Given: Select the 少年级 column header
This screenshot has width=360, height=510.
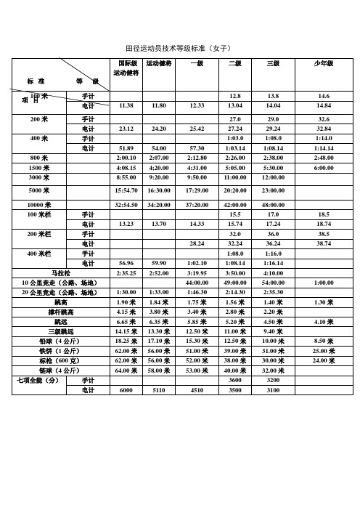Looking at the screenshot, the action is tap(323, 64).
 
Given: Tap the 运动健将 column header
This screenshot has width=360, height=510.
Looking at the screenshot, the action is tap(158, 64).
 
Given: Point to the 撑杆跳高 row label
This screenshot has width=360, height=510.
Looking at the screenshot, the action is tap(60, 311).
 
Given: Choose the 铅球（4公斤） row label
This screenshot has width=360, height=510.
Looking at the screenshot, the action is tap(61, 340).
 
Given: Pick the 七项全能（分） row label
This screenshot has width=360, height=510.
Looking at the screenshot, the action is tap(37, 380).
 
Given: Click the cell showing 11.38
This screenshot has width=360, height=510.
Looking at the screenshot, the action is tap(126, 106).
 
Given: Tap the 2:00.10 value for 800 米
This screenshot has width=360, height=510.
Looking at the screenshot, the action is tap(126, 158).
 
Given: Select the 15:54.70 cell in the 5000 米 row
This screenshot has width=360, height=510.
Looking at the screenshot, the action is tap(126, 191).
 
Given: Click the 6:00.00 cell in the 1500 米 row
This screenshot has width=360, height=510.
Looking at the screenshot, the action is tap(323, 168).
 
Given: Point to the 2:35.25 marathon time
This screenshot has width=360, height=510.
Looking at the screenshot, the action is tap(126, 273).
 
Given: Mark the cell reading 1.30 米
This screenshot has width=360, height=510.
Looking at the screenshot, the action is tap(323, 301).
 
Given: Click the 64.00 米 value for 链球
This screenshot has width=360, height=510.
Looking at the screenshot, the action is tap(126, 370).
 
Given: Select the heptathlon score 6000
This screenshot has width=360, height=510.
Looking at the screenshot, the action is tap(126, 390).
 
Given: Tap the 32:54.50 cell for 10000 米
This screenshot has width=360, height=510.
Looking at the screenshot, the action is tap(126, 206).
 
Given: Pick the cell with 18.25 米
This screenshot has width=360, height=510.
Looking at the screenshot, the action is tap(126, 340).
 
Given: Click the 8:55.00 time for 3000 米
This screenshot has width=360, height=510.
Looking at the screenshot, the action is tap(126, 177).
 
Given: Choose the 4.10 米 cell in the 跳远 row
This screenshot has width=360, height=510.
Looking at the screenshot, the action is tap(323, 321).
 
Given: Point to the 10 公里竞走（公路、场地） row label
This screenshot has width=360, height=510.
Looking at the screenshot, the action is tap(60, 283).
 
